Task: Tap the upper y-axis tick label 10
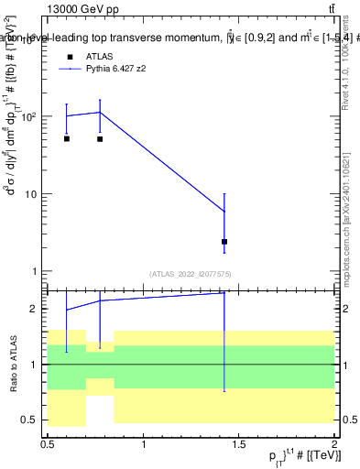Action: point(29,194)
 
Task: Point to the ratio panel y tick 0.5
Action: point(27,420)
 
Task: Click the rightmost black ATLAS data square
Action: point(224,242)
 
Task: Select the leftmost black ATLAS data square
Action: point(67,138)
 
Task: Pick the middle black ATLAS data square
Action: point(100,139)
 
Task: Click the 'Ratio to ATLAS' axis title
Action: point(12,364)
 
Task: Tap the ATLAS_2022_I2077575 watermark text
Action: point(191,274)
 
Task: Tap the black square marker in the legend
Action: point(67,57)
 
